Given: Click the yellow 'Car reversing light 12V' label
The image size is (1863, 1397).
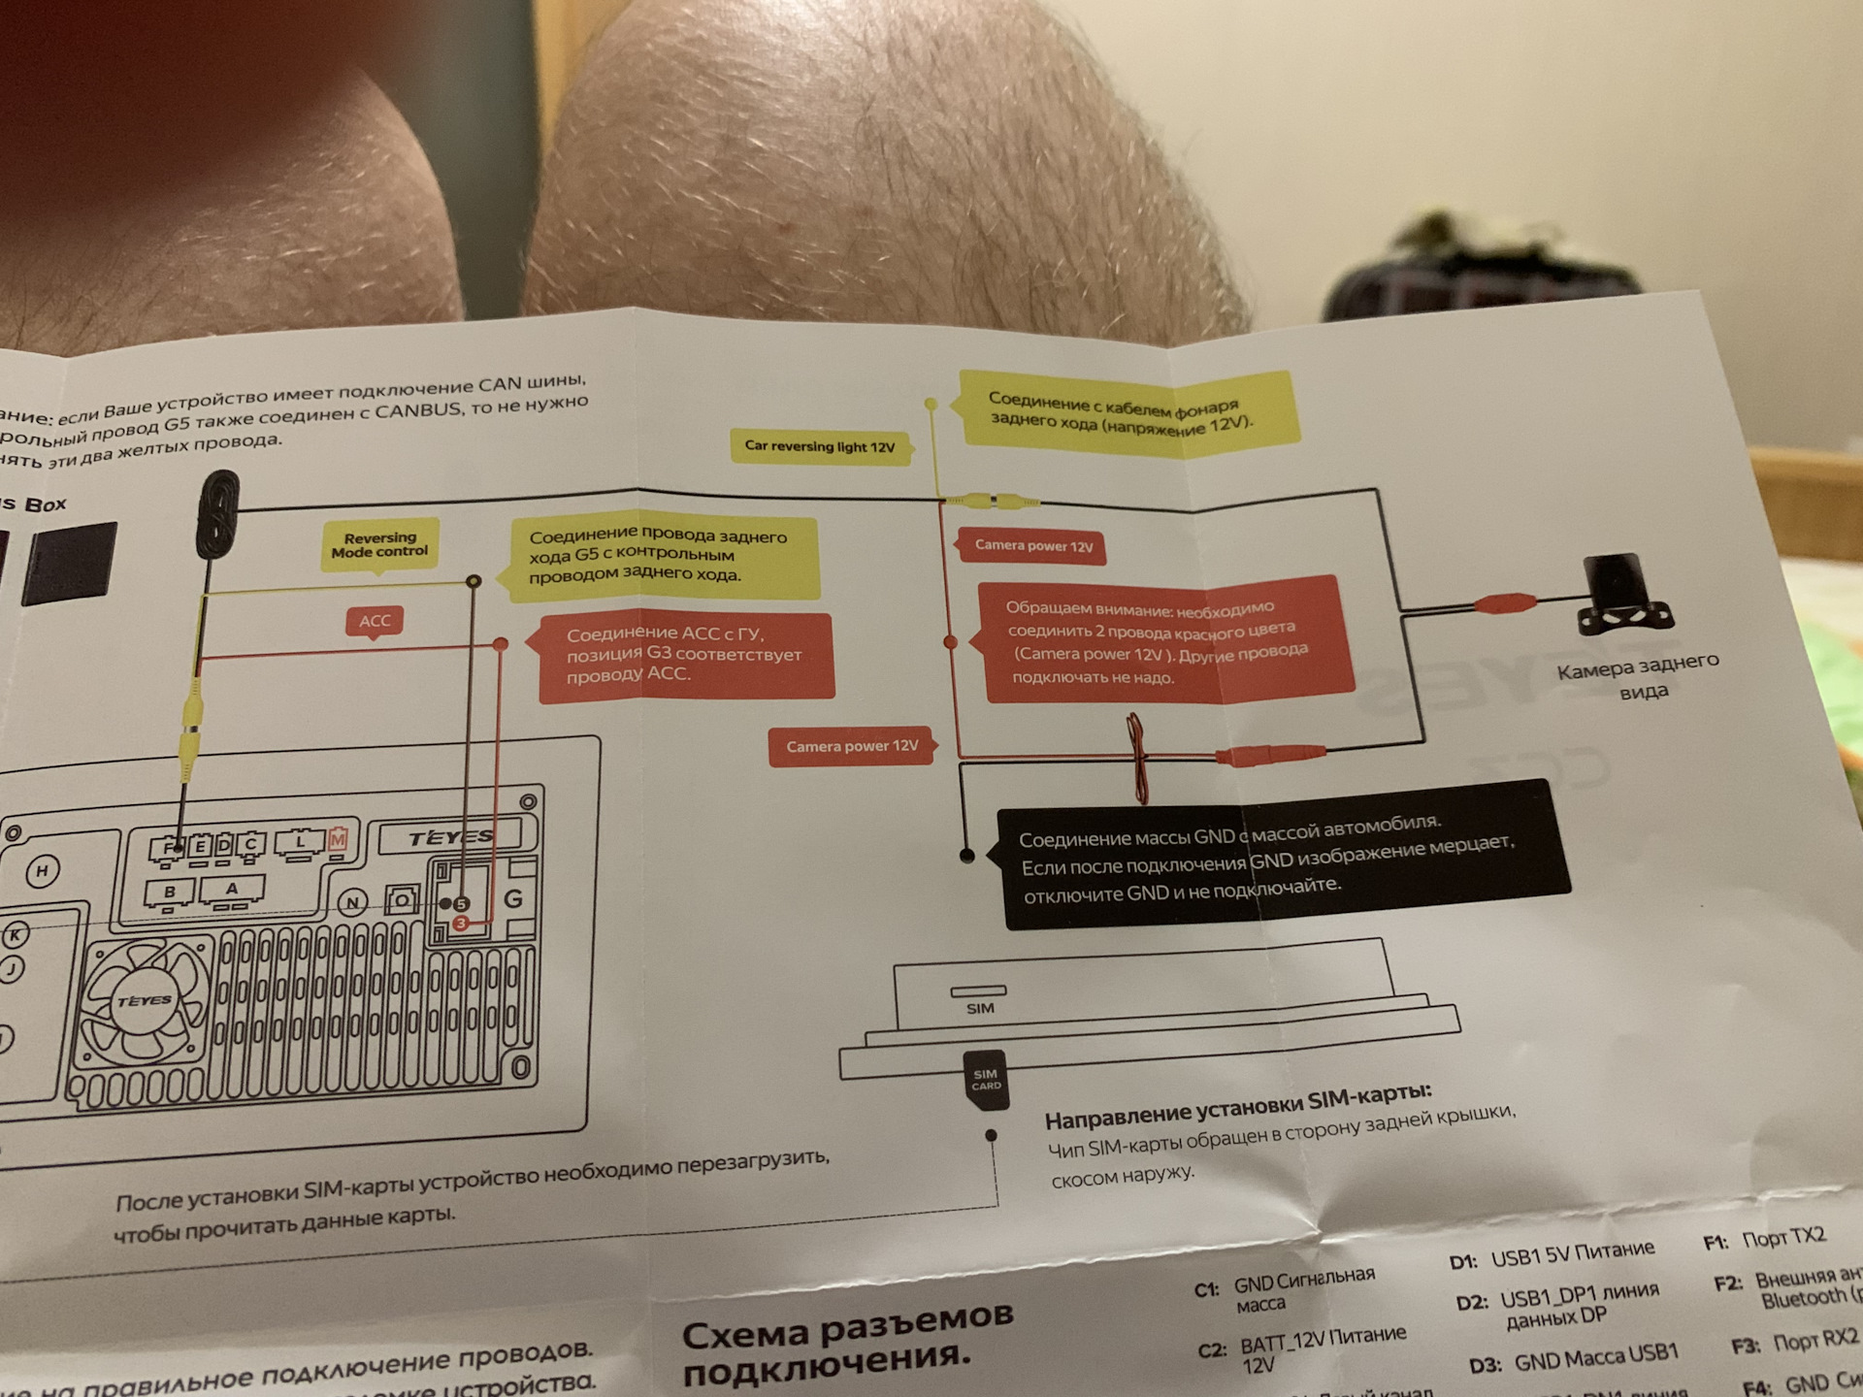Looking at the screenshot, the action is (x=820, y=447).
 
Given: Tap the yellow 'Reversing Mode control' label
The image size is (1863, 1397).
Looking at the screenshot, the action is (x=379, y=544).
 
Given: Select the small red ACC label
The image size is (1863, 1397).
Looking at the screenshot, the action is (x=375, y=621).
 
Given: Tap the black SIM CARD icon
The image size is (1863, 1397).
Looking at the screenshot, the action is (x=985, y=1080).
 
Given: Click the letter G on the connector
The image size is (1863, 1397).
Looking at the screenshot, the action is (x=513, y=899).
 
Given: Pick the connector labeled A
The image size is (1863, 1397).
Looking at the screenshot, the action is (x=232, y=889).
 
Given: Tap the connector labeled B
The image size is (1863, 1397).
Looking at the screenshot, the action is (x=170, y=892).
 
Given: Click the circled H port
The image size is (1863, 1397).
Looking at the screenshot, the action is (x=42, y=871).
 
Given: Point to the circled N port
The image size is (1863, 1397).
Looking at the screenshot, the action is (x=352, y=903).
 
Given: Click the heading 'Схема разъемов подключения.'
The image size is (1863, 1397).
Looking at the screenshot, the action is (x=848, y=1344).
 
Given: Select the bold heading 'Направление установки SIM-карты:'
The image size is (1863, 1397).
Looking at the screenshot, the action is (x=1237, y=1107).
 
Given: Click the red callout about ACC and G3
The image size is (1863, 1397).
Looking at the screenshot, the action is (x=685, y=655).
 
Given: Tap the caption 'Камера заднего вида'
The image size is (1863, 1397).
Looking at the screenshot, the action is (x=1639, y=676).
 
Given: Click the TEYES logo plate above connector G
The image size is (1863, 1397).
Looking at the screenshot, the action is (x=450, y=837).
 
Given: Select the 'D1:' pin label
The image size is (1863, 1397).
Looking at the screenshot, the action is (x=1463, y=1262).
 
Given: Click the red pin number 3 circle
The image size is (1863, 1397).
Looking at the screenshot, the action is (x=461, y=923).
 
